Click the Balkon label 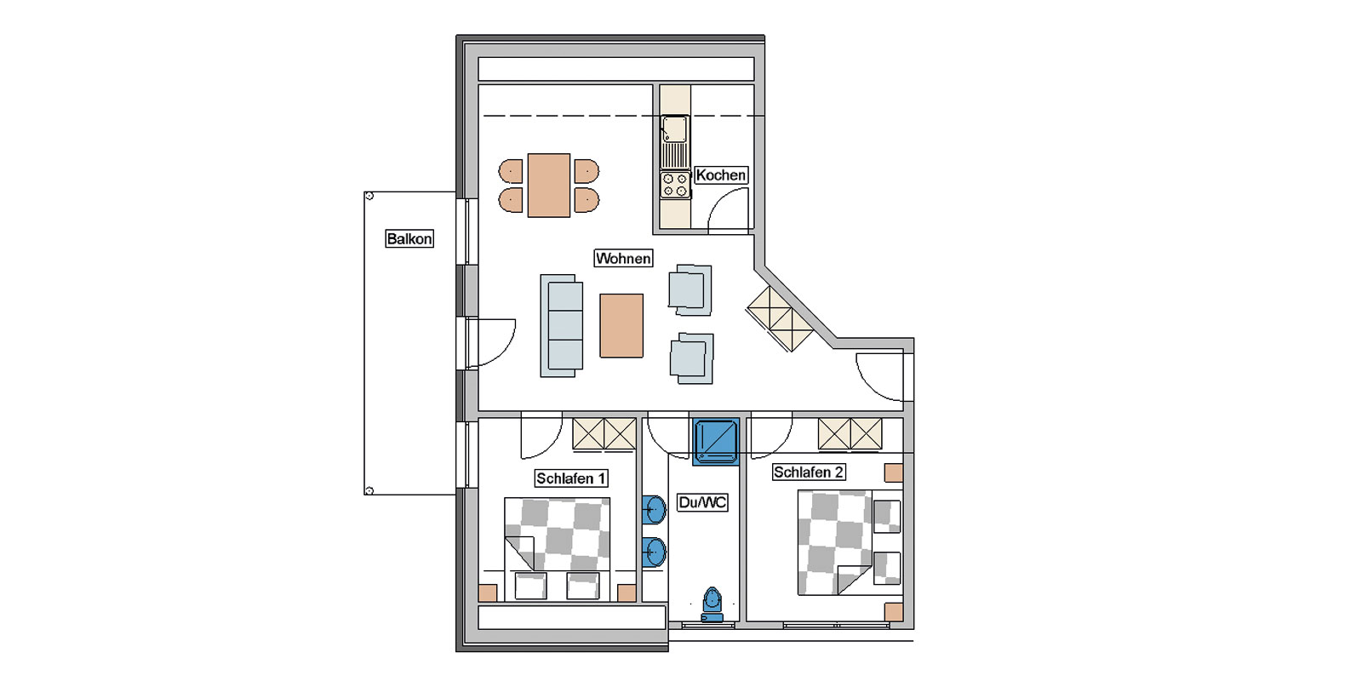(x=409, y=239)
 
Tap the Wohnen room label (x=623, y=259)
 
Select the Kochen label (x=720, y=175)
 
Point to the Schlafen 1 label (x=571, y=478)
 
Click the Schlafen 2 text (x=808, y=472)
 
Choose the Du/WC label (x=702, y=502)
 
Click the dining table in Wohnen (x=548, y=186)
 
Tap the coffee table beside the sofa (x=621, y=326)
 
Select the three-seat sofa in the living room (x=561, y=326)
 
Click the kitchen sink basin (x=675, y=129)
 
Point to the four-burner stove (x=675, y=186)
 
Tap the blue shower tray (x=716, y=442)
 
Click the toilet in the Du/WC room (x=712, y=604)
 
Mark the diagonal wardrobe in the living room (x=780, y=318)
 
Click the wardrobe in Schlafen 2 (x=850, y=434)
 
